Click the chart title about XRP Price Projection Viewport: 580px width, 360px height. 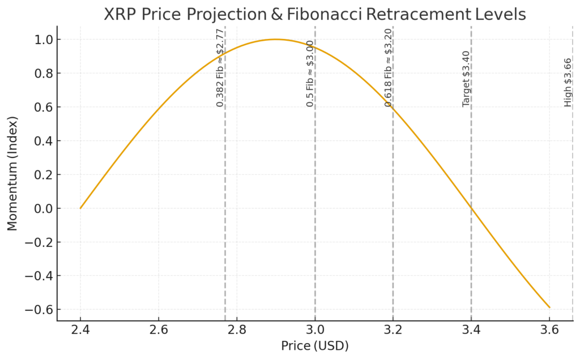(314, 15)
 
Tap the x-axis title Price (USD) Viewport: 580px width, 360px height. (315, 345)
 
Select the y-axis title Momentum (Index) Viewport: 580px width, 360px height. (12, 173)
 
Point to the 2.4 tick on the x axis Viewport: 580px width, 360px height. (80, 330)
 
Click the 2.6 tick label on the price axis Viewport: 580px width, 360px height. (159, 330)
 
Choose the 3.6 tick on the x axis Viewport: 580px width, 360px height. (549, 330)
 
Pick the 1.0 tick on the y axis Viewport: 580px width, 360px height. (42, 40)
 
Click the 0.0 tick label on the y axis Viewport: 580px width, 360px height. (42, 208)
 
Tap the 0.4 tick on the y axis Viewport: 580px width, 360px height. (42, 141)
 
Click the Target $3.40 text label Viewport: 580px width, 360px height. (466, 79)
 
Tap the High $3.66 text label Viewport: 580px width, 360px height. (568, 82)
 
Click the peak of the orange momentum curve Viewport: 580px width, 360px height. (276, 39)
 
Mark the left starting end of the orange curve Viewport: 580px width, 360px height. (80, 208)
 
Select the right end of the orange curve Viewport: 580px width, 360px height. (549, 307)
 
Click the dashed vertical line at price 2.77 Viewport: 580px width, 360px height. (225, 226)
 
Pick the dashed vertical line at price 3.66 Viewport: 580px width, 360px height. (573, 226)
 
